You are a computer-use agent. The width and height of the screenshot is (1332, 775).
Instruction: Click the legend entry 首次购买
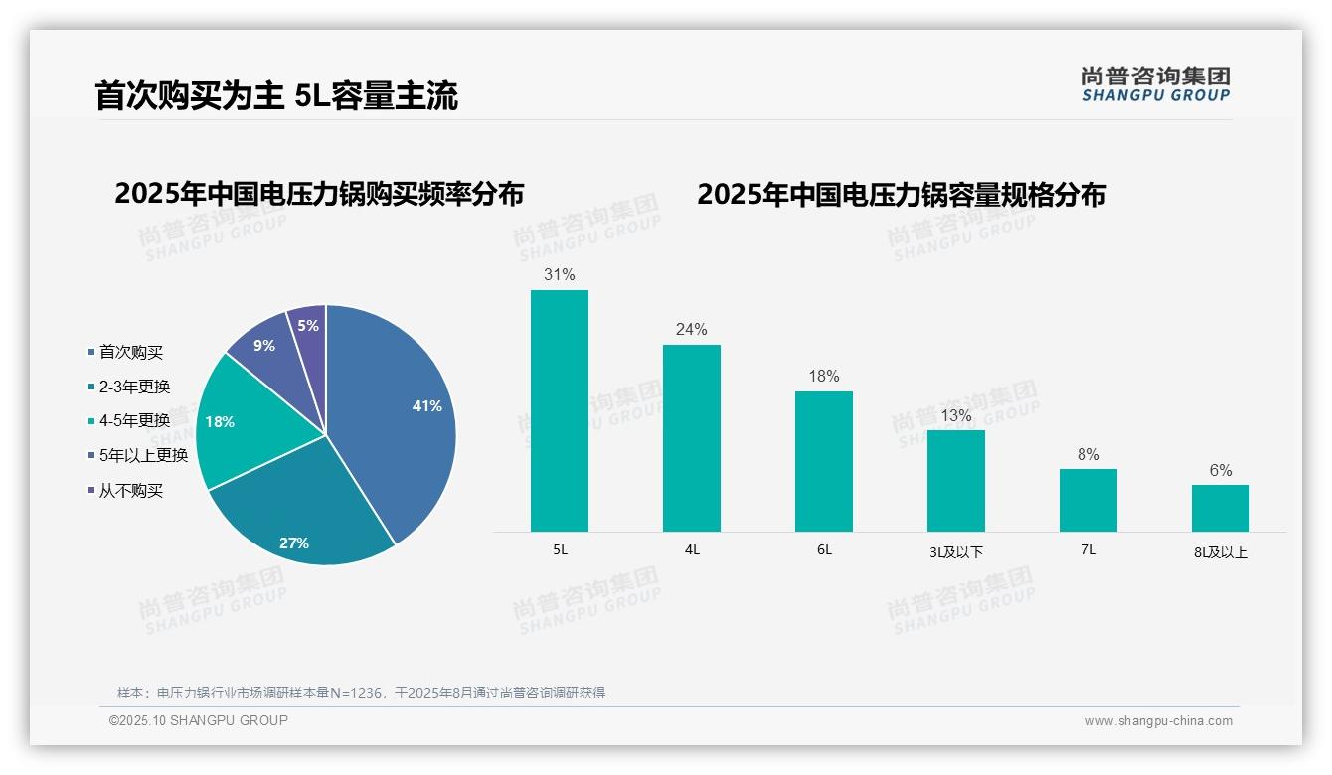coord(130,352)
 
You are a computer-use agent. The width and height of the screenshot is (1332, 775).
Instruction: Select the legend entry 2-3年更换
coord(134,387)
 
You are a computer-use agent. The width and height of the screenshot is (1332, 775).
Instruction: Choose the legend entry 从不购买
coord(130,491)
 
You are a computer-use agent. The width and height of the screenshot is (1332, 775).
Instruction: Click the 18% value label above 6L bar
coord(824,376)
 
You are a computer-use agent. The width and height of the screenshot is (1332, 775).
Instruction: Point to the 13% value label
coord(956,415)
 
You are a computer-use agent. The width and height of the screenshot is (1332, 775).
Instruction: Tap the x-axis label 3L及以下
coord(956,552)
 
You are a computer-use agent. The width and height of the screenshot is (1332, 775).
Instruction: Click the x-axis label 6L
coord(824,549)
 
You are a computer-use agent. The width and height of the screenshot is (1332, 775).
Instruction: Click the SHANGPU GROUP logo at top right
coord(1156,84)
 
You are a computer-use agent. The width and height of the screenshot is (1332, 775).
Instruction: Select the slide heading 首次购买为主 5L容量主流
coord(276,96)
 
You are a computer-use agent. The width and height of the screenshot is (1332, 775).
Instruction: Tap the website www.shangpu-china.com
coord(1158,721)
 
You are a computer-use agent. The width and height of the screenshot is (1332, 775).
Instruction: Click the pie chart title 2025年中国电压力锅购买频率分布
coord(319,194)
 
